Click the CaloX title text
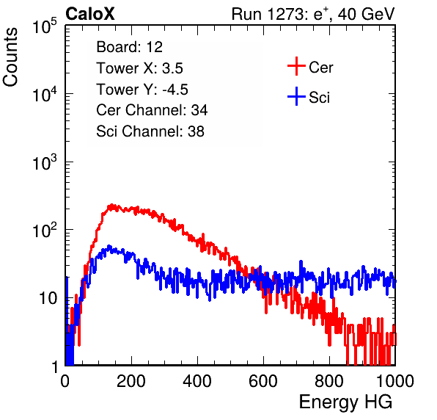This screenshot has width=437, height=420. tap(90, 14)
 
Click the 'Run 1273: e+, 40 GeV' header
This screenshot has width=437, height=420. tap(313, 14)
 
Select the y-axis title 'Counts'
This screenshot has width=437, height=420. tap(10, 57)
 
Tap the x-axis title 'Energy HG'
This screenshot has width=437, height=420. tap(345, 402)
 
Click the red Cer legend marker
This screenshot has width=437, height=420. tap(296, 66)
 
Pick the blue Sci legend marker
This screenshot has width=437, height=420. tap(296, 96)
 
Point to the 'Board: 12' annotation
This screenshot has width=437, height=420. tap(129, 47)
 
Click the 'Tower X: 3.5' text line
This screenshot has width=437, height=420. tap(139, 68)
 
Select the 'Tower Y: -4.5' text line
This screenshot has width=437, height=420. tap(142, 90)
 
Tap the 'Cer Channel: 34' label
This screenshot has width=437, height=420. tap(152, 110)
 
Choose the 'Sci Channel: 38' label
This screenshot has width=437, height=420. tap(150, 131)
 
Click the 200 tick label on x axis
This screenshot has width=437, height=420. tap(131, 381)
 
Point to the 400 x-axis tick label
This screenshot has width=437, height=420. tap(197, 381)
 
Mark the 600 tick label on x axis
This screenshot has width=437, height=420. tap(263, 381)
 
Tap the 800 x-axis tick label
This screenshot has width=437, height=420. tap(329, 381)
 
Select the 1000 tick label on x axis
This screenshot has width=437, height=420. tap(395, 381)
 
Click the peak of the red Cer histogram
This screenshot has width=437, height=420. tap(111, 205)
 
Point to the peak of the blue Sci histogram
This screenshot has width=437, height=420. tap(109, 247)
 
